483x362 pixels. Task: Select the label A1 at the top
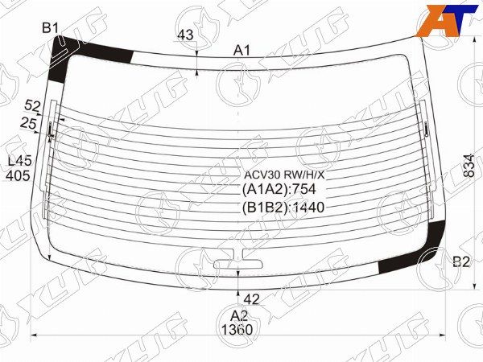click(x=242, y=51)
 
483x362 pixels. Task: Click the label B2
click(x=460, y=261)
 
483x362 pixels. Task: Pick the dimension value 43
click(x=185, y=35)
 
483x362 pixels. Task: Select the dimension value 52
click(x=32, y=106)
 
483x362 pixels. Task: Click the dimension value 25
click(x=27, y=122)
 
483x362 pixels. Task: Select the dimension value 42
click(x=251, y=299)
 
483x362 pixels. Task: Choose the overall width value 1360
click(x=235, y=329)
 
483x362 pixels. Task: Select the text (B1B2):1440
click(x=281, y=207)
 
